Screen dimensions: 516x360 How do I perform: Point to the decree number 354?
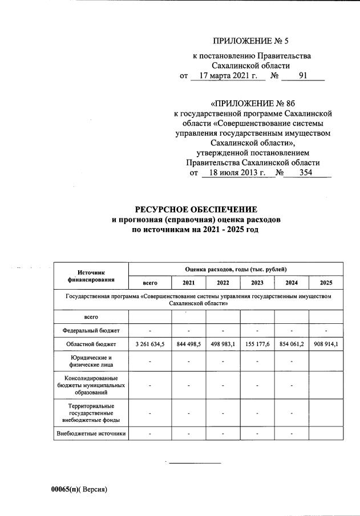coord(306,172)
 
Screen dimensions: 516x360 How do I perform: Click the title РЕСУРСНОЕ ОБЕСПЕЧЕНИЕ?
coord(196,209)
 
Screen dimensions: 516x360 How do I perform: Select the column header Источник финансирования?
coord(91,276)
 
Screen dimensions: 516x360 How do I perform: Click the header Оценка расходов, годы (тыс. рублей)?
coord(236,269)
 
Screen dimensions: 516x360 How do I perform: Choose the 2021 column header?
coord(189,283)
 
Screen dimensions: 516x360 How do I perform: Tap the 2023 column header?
coord(257,283)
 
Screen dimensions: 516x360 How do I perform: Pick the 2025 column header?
coord(326,283)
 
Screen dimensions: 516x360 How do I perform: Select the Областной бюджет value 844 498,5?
coord(189,344)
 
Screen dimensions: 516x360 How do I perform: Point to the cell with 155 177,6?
coord(257,344)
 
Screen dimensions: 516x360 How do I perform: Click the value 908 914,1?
coord(326,344)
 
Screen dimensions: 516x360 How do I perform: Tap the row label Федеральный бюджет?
coord(91,330)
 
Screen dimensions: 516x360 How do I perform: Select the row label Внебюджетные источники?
coord(91,434)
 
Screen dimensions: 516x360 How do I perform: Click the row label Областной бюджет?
coord(91,344)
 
